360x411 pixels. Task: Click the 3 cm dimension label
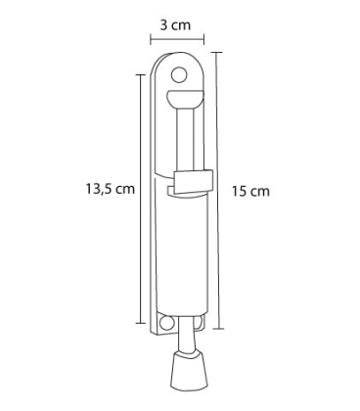coord(175,25)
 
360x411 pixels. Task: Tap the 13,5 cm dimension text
coord(111,189)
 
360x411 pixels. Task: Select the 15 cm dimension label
coord(250,191)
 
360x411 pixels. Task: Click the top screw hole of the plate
coord(178,75)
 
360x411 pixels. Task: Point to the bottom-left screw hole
coord(166,323)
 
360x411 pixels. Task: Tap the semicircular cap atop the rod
coord(184,99)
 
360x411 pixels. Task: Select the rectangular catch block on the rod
coord(194,182)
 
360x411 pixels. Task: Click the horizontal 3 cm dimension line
coord(177,40)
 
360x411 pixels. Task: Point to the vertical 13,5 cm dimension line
coord(141,199)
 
